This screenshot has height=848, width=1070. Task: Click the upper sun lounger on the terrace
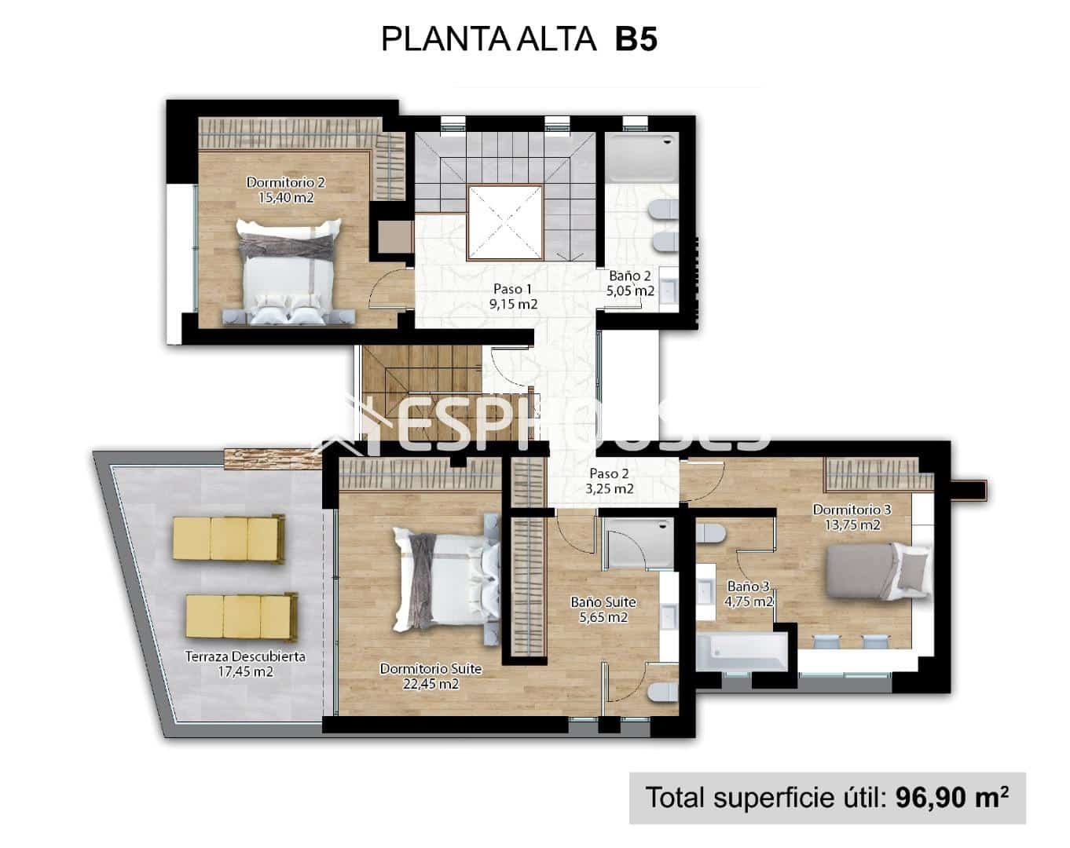[228, 539]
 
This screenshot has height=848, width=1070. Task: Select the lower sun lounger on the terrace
[242, 616]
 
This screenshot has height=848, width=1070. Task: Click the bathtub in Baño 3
[742, 653]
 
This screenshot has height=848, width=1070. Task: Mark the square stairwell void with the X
[506, 223]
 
